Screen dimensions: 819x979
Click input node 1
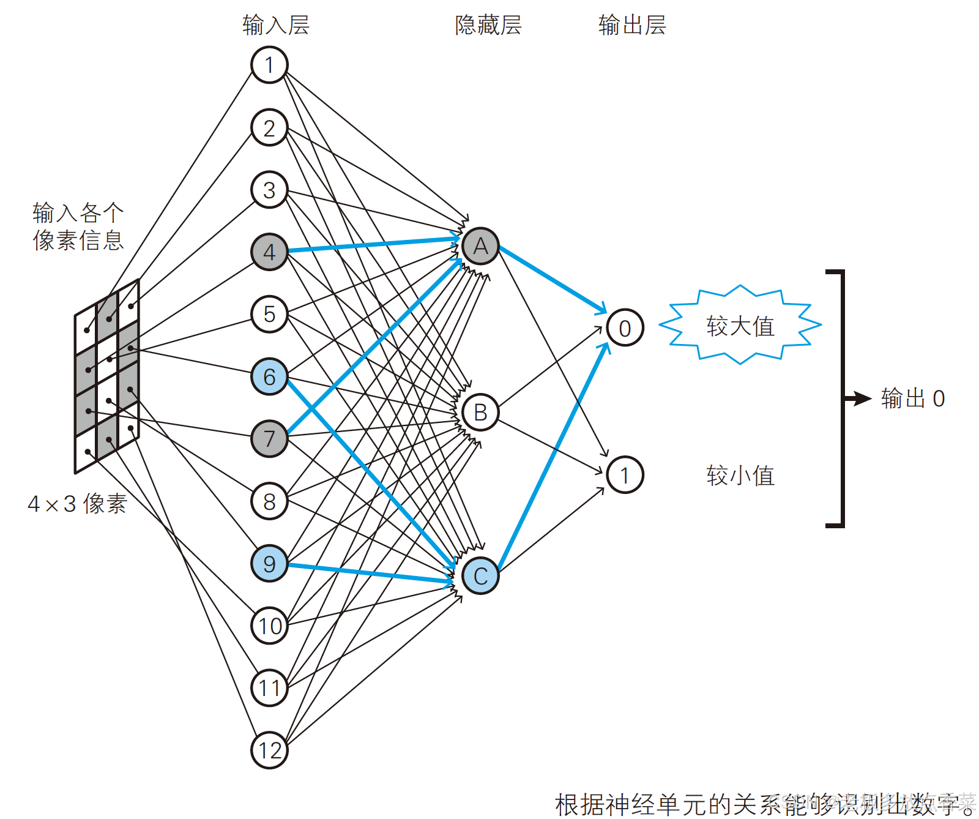tap(269, 65)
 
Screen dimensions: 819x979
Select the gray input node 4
tap(269, 252)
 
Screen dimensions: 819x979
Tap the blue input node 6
tap(269, 376)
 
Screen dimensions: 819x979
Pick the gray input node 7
tap(269, 438)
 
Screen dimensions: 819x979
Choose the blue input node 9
tap(269, 564)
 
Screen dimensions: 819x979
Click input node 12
tap(269, 750)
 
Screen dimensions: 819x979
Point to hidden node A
tap(480, 246)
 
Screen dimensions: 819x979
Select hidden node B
tap(480, 412)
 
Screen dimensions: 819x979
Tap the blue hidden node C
tap(480, 576)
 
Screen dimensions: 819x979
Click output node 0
tap(625, 328)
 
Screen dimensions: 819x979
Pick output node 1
tap(625, 475)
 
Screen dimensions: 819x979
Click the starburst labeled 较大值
tap(740, 326)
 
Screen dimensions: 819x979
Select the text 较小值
tap(740, 476)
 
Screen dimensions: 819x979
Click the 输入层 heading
tap(276, 25)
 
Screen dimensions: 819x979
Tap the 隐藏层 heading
tap(488, 25)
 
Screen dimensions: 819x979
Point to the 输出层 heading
tap(632, 25)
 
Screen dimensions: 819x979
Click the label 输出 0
tap(913, 398)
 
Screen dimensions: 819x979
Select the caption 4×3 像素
tap(78, 504)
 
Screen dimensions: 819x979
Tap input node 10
tap(269, 626)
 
